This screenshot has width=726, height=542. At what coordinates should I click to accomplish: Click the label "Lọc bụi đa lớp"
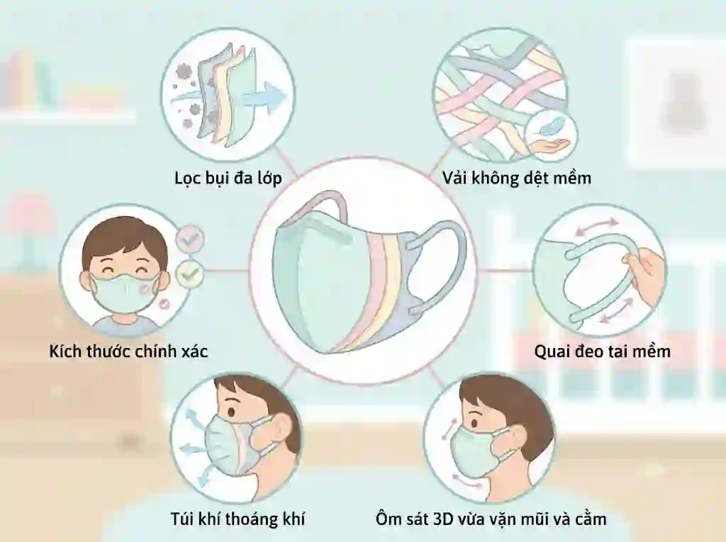(228, 179)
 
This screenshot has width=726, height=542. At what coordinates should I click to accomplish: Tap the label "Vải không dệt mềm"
(516, 179)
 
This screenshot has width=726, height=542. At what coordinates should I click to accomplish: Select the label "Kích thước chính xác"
(129, 351)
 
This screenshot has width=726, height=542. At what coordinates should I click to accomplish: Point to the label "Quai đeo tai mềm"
(603, 351)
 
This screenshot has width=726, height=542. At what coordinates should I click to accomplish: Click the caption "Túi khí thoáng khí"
(238, 519)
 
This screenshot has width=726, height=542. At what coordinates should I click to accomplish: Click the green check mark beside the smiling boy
(189, 274)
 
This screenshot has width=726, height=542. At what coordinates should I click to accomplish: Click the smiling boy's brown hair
(124, 241)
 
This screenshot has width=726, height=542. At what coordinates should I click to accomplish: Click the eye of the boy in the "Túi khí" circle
(230, 411)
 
